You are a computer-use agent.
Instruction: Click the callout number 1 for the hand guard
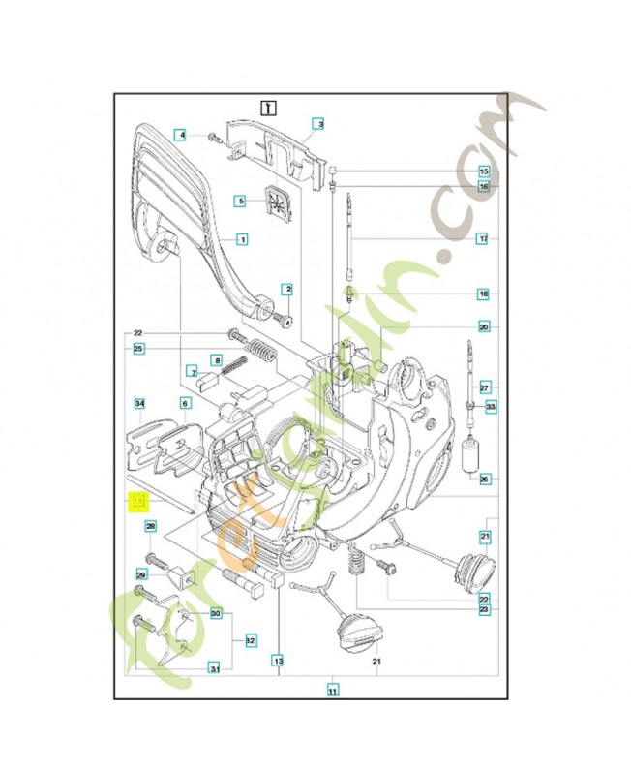coord(242,238)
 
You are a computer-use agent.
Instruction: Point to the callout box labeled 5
coord(242,201)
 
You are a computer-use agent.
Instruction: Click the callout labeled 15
coord(484,171)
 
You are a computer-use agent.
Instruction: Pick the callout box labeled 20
coord(484,326)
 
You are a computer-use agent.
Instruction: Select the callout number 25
coord(138,348)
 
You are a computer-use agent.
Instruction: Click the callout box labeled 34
coord(138,403)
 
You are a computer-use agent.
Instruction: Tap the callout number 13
coord(278,662)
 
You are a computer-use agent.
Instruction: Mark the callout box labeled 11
coord(332,691)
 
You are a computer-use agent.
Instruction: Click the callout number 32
coord(250,640)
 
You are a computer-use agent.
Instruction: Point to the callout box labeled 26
coord(484,479)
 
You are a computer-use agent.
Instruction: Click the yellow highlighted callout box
coord(138,501)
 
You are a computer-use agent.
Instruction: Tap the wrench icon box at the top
coord(268,107)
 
